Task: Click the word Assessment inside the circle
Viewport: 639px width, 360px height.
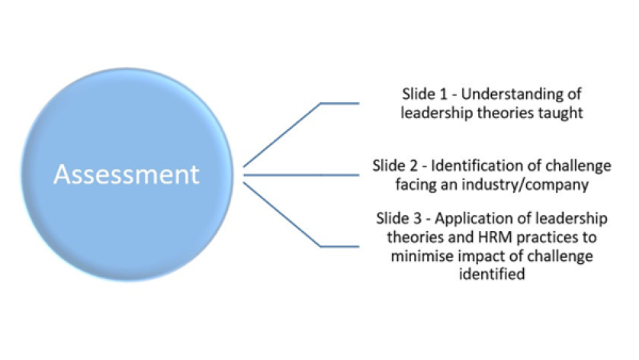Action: point(127,175)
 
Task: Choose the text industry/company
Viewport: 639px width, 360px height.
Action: point(519,183)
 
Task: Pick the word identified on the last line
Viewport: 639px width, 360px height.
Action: point(492,274)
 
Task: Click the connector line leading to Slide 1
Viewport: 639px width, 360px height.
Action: point(282,133)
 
